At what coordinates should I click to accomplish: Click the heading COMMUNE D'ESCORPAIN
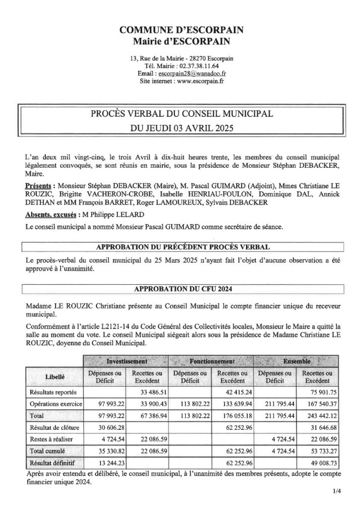click(181, 31)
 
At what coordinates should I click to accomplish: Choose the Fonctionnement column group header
click(212, 361)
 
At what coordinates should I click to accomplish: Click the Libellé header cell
click(54, 376)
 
